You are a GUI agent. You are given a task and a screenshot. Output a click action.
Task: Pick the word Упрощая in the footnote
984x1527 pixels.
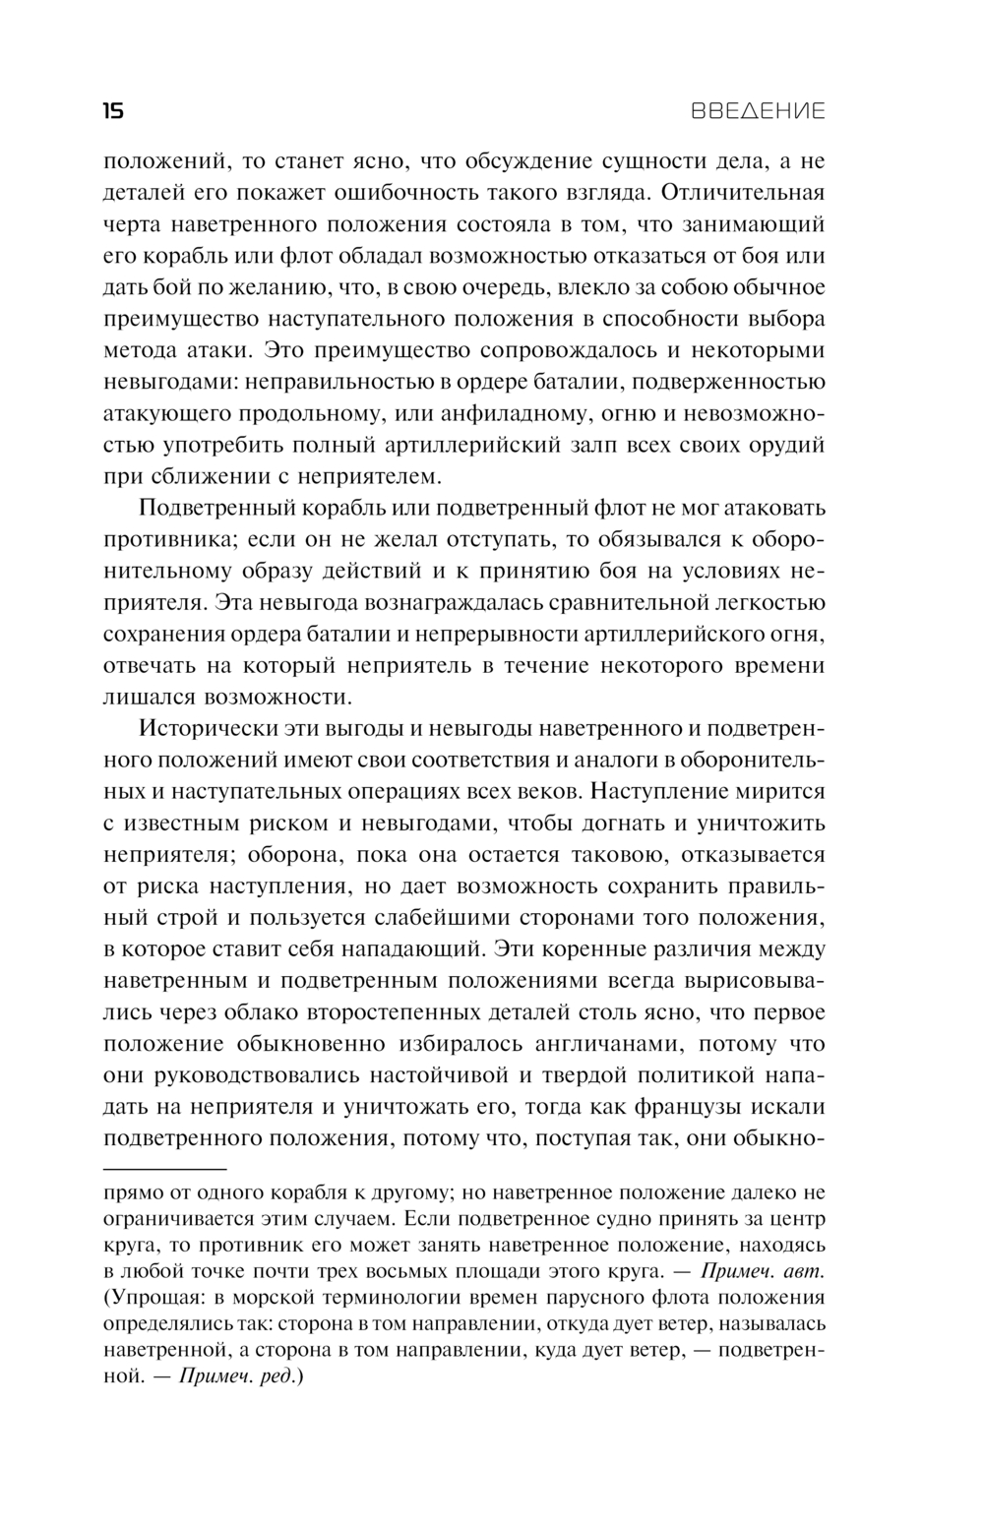click(x=149, y=1297)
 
